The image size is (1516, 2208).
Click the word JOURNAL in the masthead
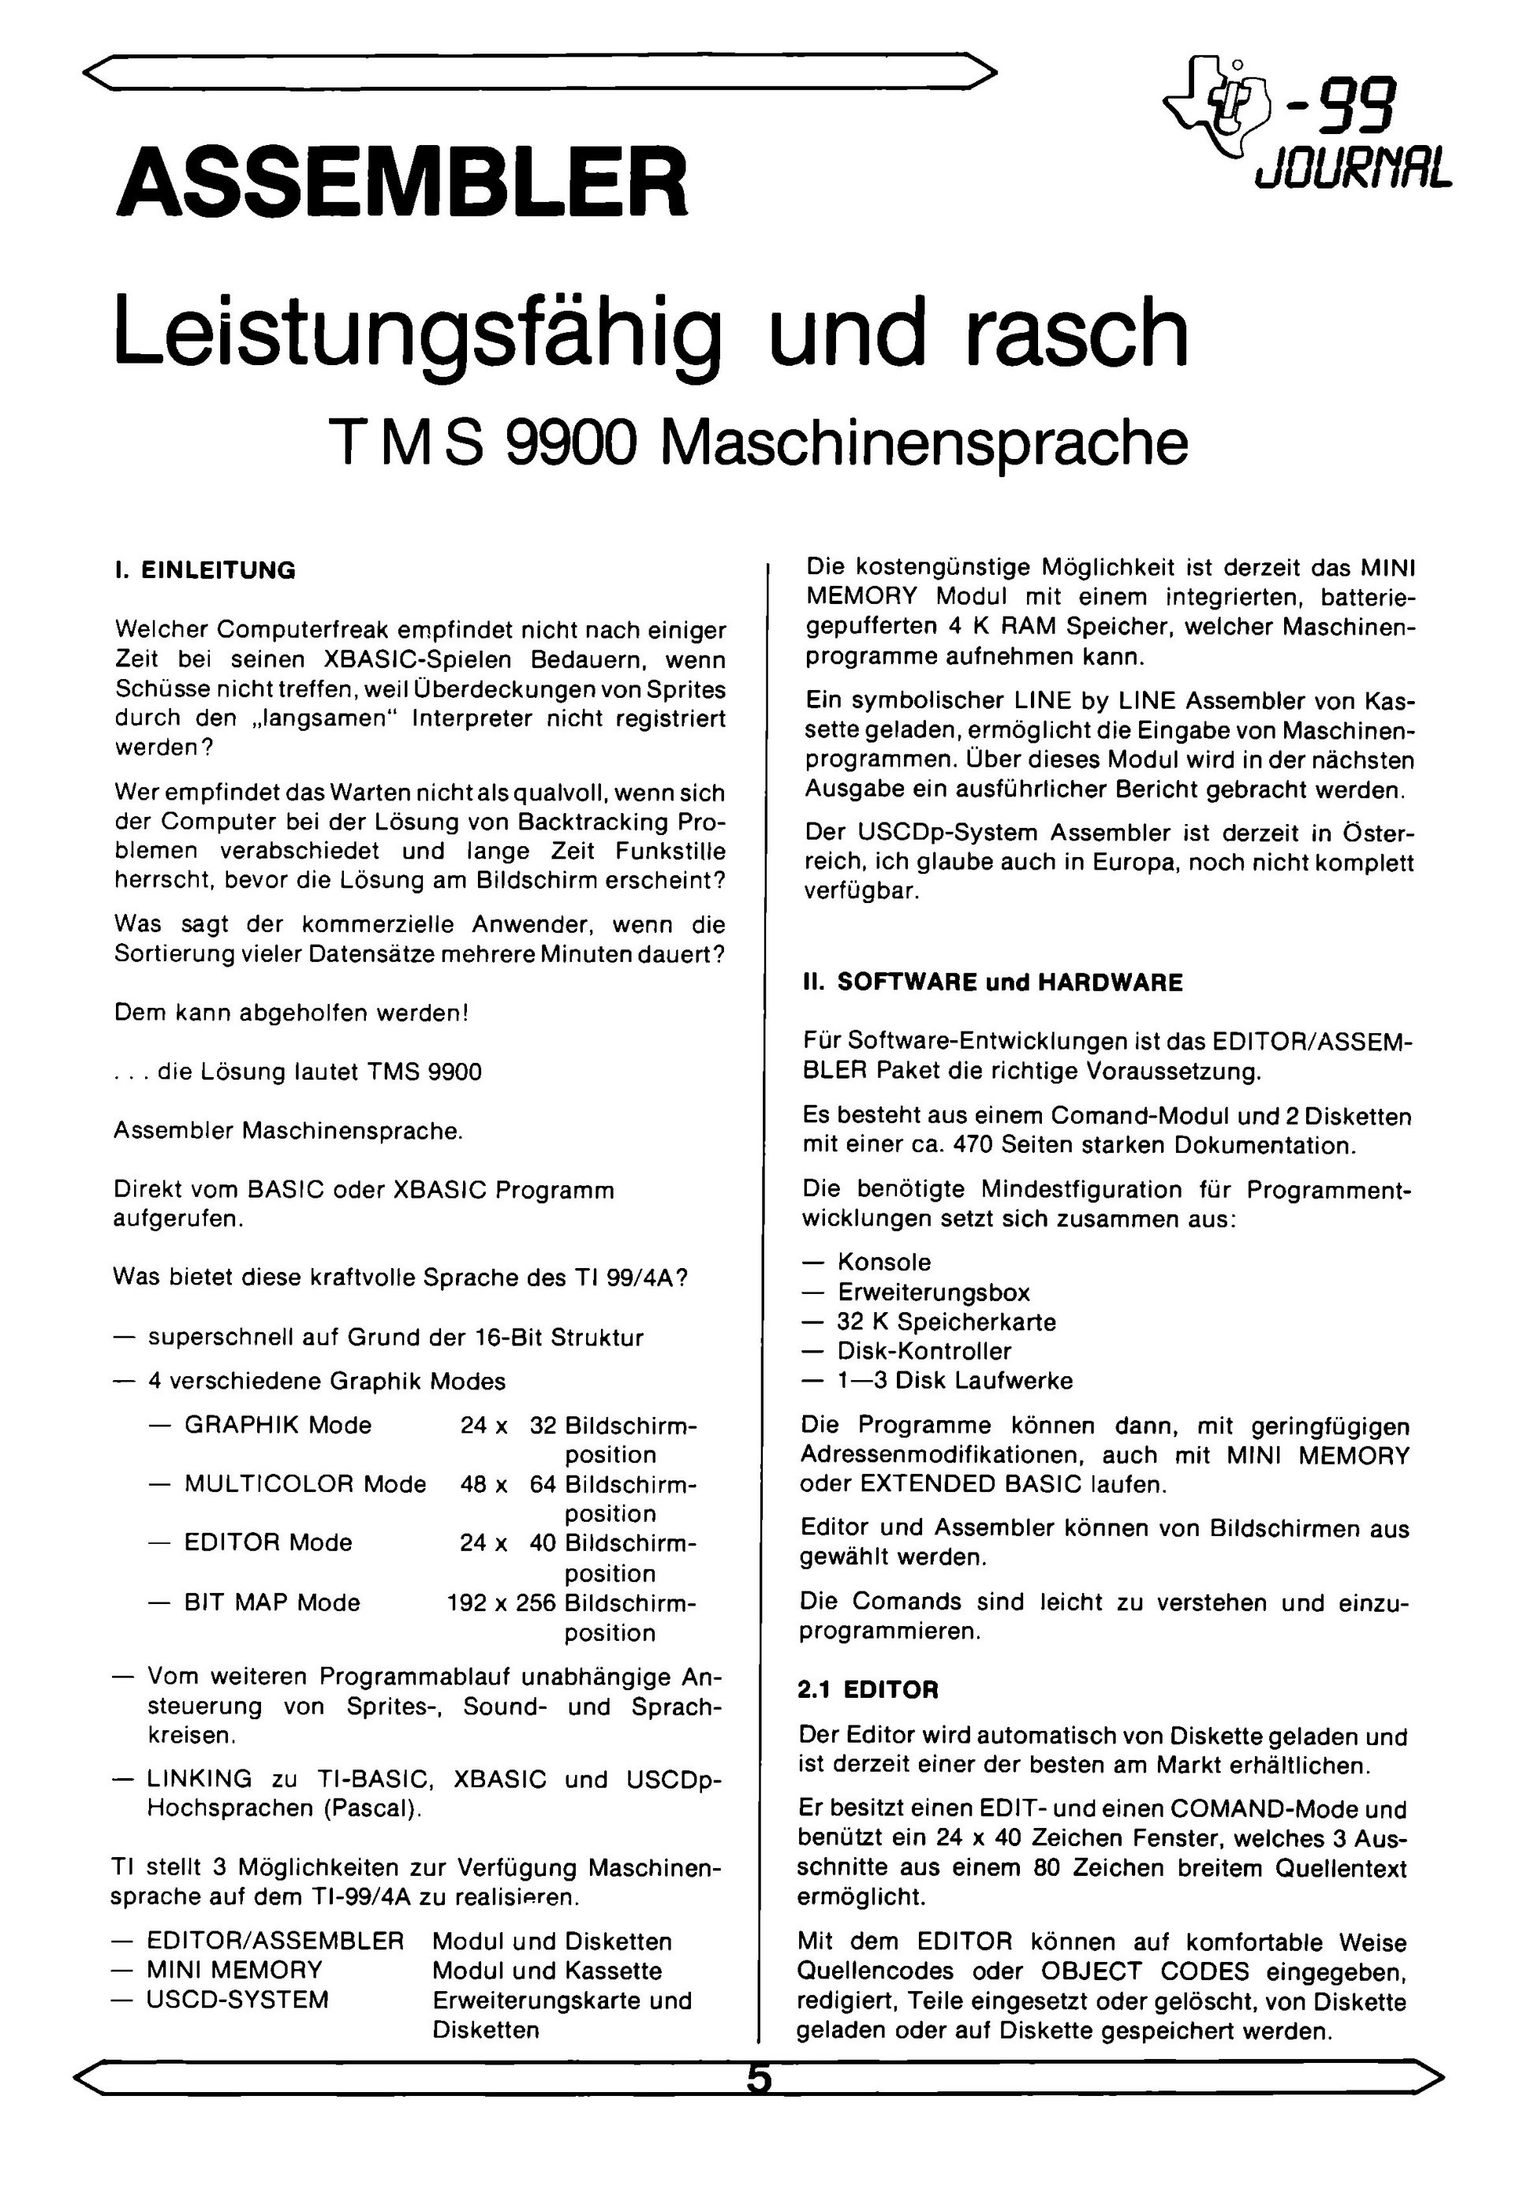tap(1354, 170)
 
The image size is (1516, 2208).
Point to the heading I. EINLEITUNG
tap(205, 570)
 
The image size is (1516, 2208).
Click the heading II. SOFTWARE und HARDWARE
tap(993, 983)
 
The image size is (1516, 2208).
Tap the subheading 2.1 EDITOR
tap(868, 1690)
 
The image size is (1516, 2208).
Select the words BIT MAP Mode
tap(272, 1603)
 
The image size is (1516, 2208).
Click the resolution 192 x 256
tap(501, 1603)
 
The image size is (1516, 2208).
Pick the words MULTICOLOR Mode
tap(305, 1483)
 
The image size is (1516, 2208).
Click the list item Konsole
tap(884, 1262)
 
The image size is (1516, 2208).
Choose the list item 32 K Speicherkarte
tap(946, 1322)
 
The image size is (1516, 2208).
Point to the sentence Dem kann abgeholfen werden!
tap(292, 1013)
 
